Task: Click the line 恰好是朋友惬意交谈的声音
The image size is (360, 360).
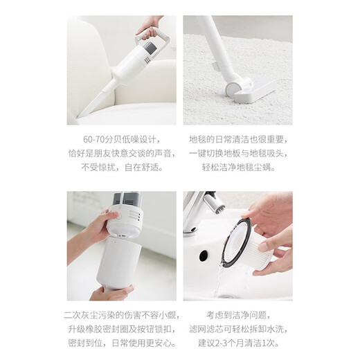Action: point(122,152)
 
